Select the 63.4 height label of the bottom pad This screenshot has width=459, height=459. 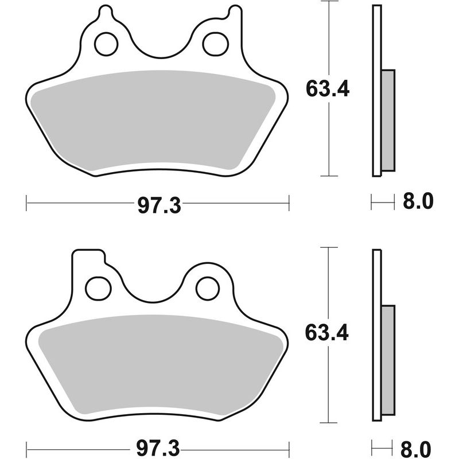pos(328,333)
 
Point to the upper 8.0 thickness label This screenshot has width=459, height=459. pos(417,201)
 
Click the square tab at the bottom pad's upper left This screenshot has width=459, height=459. pos(87,258)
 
